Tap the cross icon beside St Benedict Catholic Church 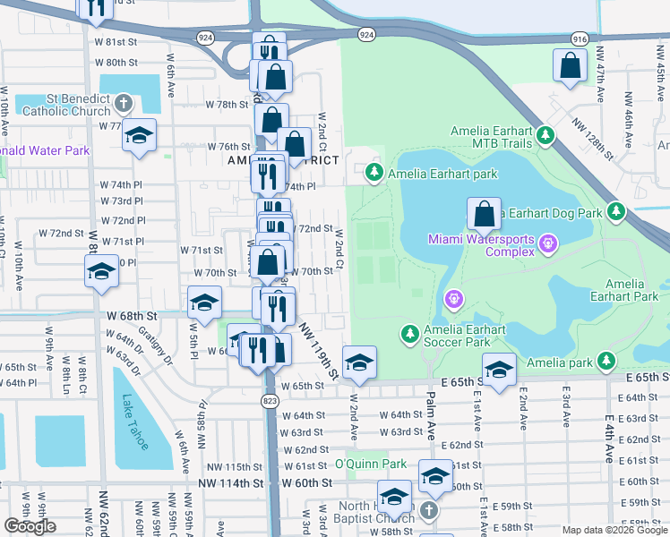point(122,103)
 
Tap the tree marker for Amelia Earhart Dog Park point(615,212)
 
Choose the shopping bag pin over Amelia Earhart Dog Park point(484,215)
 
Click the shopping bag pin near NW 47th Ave point(570,65)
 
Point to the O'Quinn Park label point(370,465)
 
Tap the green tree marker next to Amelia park point(606,361)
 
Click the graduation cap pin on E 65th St point(499,369)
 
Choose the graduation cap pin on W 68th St point(204,303)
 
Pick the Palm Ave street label point(431,412)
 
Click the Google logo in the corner point(30,526)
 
